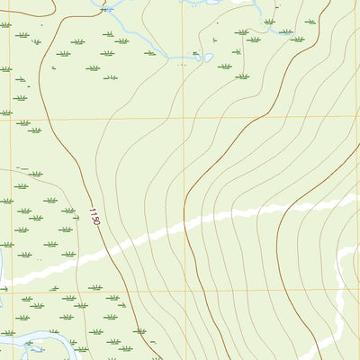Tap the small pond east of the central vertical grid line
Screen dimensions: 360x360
(206, 58)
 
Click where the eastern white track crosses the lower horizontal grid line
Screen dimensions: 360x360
(339, 290)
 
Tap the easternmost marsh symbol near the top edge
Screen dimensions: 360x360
(310, 21)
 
